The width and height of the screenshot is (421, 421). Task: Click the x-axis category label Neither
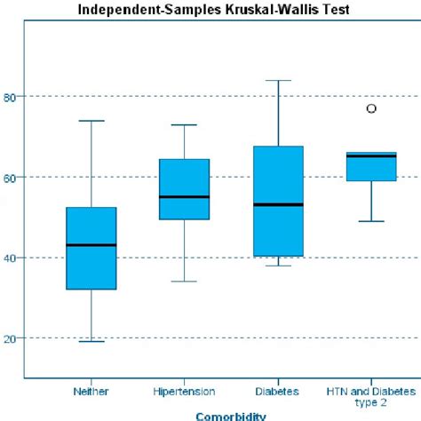[91, 390]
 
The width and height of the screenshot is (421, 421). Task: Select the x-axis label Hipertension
[184, 390]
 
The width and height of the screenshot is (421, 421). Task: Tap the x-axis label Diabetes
[278, 390]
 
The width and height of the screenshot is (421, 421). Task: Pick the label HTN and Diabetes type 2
[370, 395]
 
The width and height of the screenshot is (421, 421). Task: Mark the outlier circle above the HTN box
[371, 108]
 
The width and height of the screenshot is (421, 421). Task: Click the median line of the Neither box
[91, 244]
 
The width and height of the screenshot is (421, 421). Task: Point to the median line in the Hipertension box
[184, 196]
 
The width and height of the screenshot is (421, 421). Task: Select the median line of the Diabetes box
[277, 204]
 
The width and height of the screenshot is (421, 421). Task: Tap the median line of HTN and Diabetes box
[371, 156]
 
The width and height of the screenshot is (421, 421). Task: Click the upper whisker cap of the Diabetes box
[277, 81]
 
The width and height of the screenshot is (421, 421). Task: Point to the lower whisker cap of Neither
[91, 341]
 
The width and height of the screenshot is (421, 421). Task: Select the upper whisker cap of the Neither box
[91, 121]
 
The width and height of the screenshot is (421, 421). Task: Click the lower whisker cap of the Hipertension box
[184, 282]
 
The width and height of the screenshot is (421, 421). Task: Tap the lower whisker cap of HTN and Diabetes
[371, 221]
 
